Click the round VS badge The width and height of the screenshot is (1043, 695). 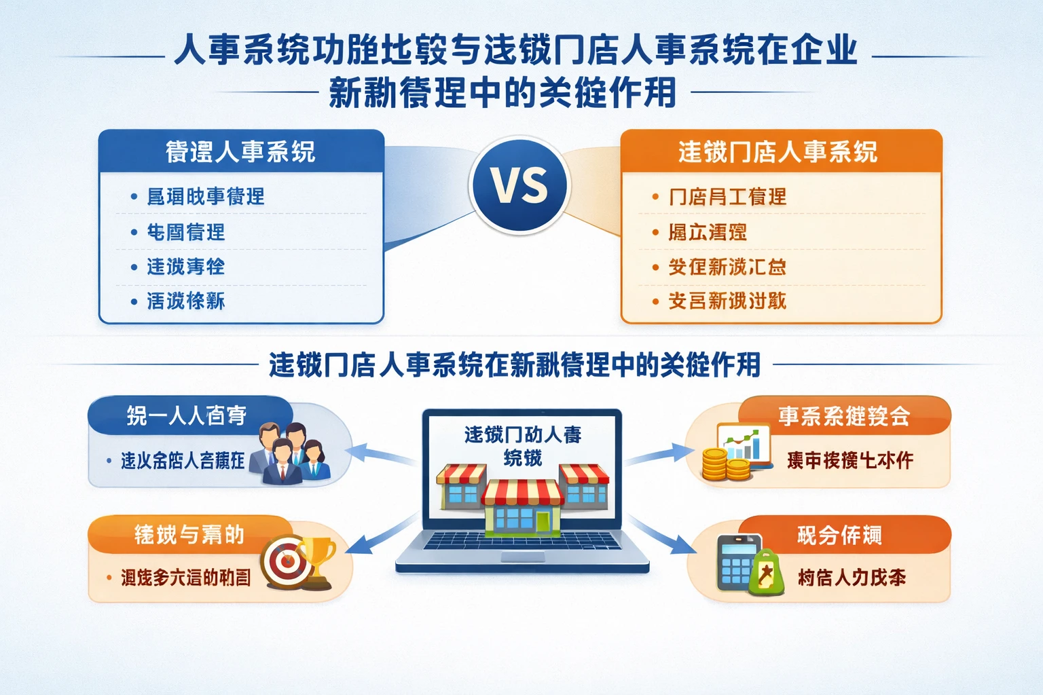coord(520,185)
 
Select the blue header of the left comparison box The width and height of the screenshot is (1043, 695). coord(241,151)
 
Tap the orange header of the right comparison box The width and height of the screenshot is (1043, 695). coord(781,151)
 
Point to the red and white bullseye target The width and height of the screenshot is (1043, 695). coord(285,562)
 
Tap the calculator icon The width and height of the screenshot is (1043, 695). coord(736,563)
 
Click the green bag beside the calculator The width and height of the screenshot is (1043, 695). coord(767,574)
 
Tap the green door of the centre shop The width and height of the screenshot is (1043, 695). coord(543,521)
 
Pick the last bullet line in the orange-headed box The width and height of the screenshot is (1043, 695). coord(727,301)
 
